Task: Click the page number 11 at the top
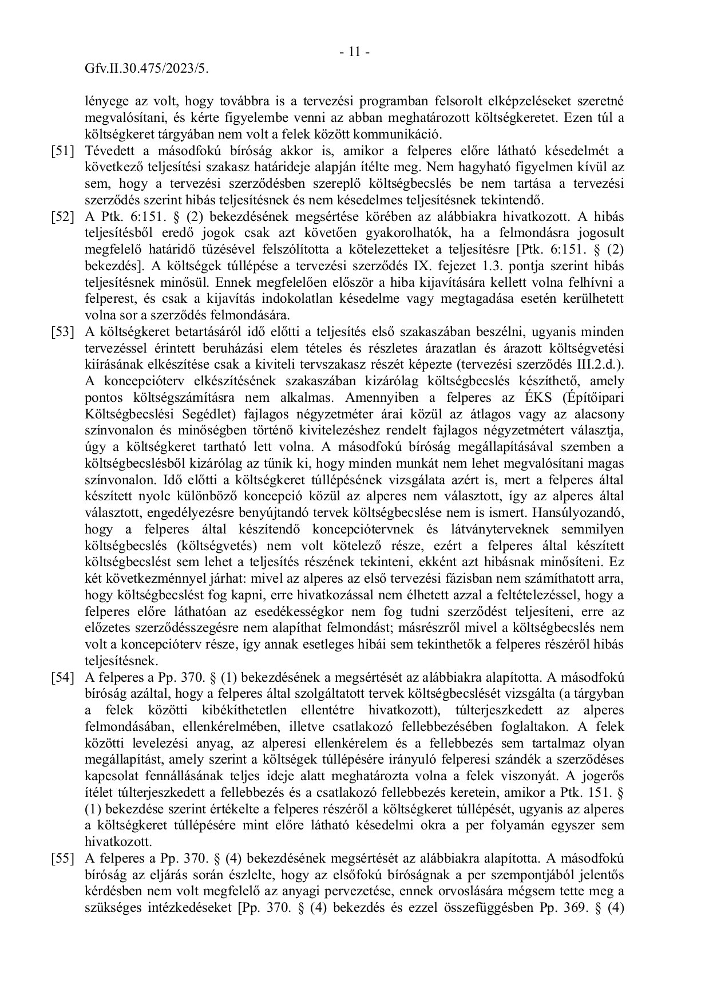coord(354,52)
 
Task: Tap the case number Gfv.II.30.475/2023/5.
coord(146,69)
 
